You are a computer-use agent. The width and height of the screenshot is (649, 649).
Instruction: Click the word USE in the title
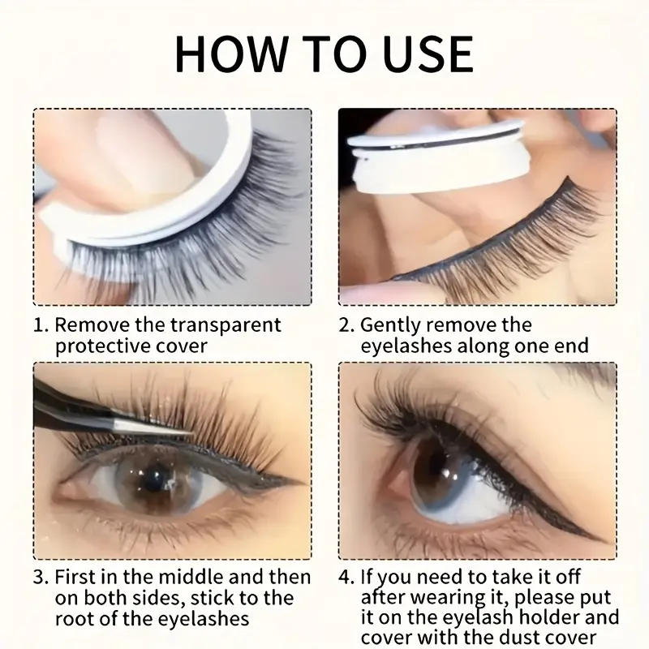click(x=428, y=54)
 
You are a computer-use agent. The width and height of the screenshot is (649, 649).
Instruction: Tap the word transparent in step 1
click(x=226, y=325)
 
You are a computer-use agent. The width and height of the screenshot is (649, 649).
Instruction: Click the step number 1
click(x=41, y=325)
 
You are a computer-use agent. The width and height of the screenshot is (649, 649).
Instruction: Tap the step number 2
click(x=346, y=325)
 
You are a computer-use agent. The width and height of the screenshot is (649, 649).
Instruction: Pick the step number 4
click(x=346, y=577)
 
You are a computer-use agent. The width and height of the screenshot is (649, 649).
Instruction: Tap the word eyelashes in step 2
click(x=406, y=347)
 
